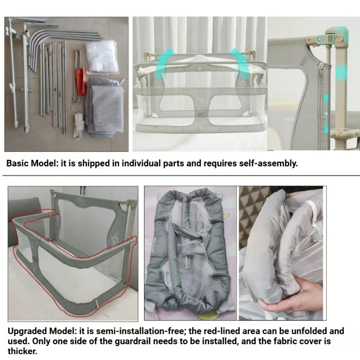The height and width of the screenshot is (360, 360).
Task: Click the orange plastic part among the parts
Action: (81, 82)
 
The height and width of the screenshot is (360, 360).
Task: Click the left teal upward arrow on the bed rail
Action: (164, 63)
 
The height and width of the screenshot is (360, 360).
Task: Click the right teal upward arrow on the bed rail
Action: (240, 63)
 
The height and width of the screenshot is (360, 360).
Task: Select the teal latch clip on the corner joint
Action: (325, 39)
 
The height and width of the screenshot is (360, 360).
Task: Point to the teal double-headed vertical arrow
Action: (326, 114)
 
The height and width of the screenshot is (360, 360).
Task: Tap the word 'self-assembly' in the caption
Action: (268, 163)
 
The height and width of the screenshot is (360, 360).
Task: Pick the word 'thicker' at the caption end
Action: (22, 351)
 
